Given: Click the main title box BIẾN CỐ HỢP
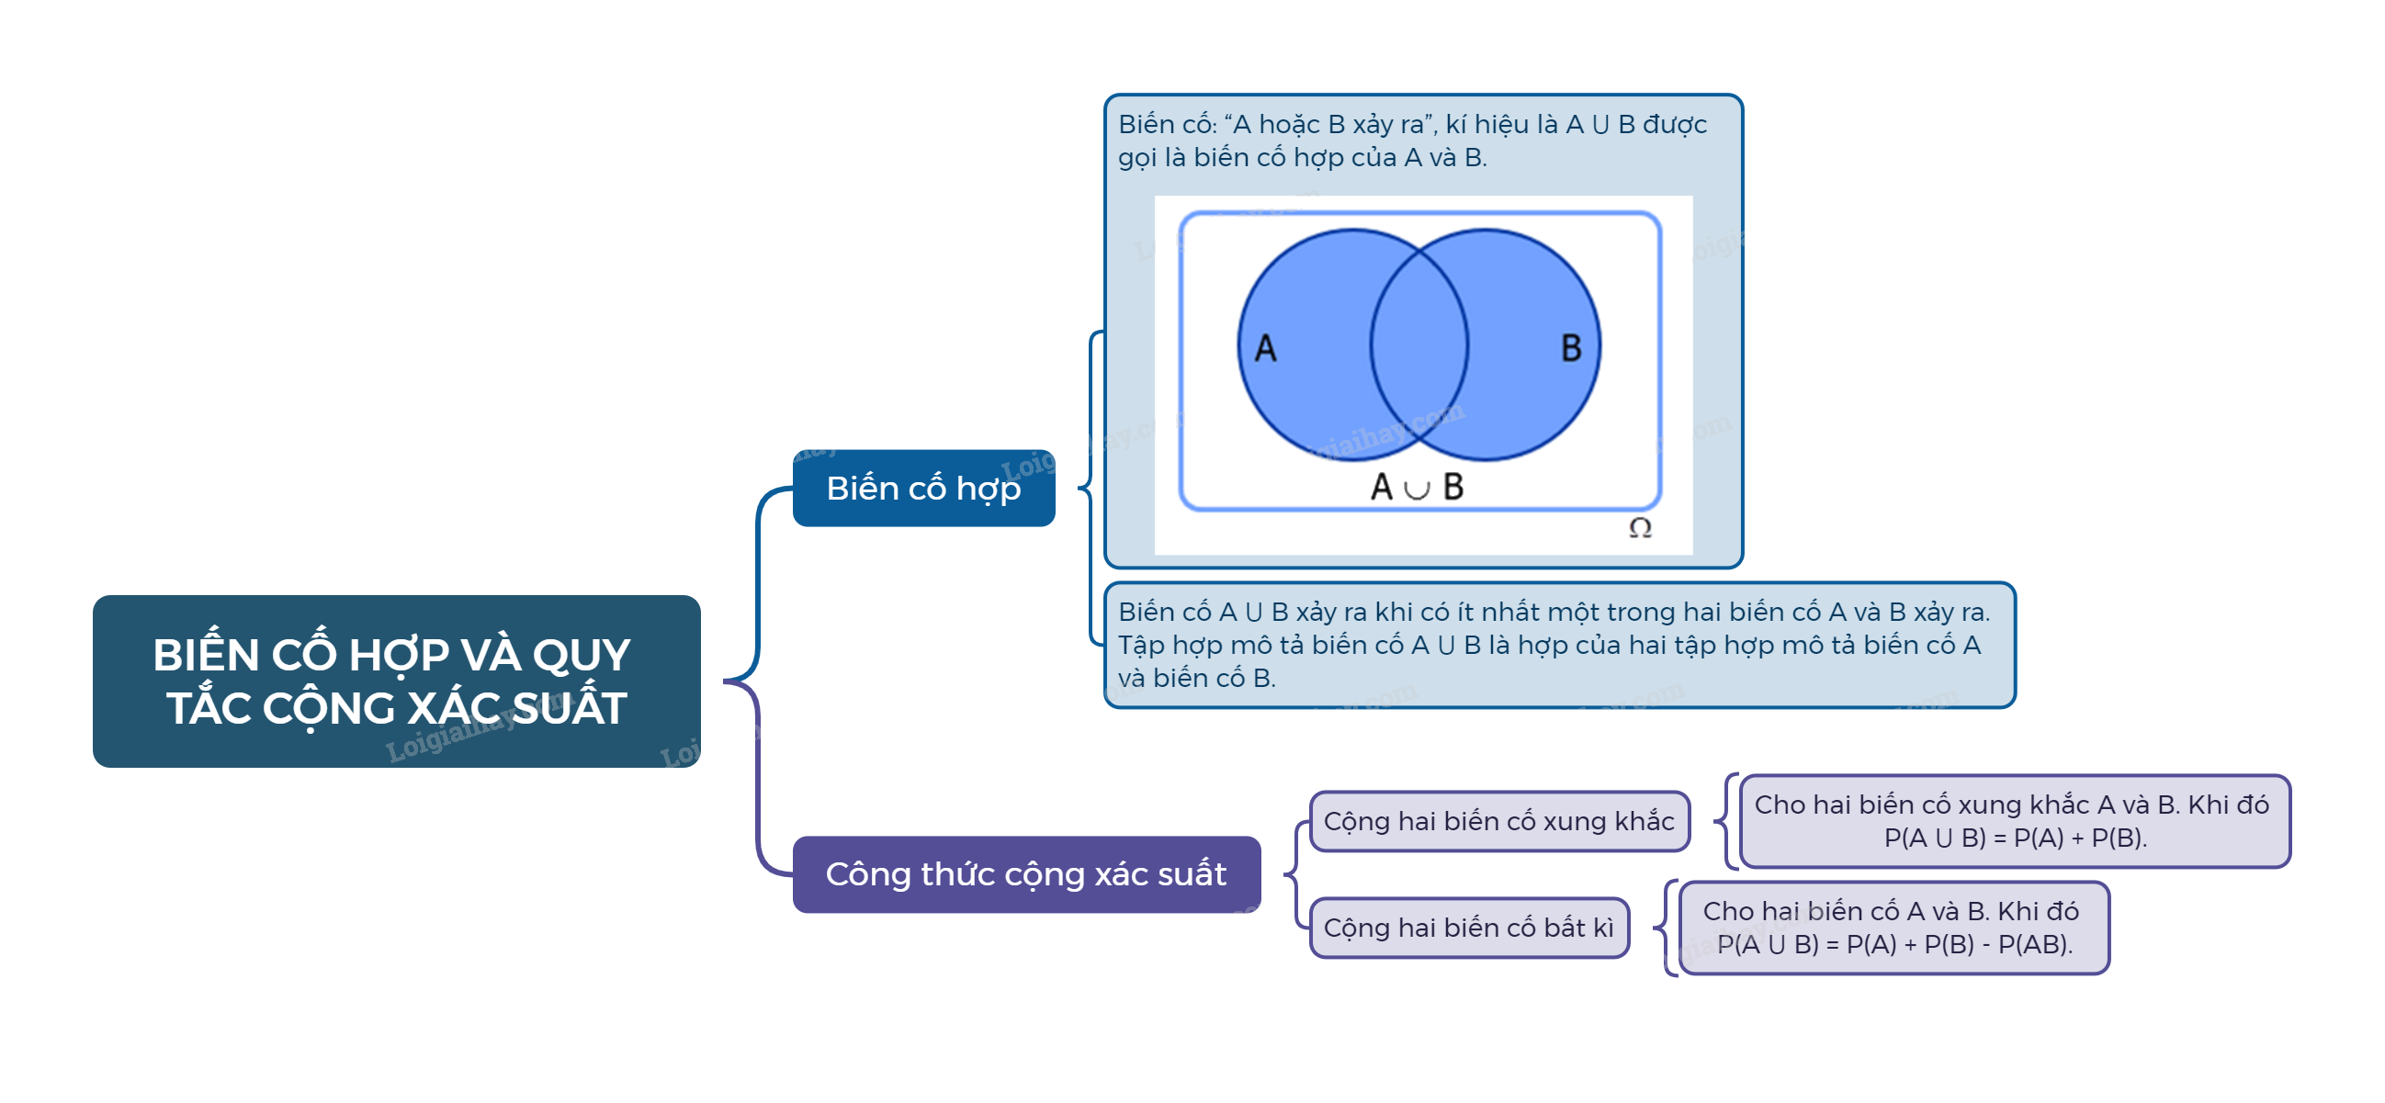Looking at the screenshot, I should pos(396,681).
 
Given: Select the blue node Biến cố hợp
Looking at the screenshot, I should pos(923,488).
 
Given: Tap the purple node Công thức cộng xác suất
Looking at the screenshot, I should pos(1026,873).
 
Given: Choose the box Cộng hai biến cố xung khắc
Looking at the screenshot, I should pos(1499,821).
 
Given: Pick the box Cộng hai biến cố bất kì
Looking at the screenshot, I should pos(1468,928).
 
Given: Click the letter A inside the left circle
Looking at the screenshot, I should pos(1266,349).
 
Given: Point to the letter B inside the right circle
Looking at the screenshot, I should pos(1571,349).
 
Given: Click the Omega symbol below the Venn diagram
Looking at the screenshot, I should pos(1640,527).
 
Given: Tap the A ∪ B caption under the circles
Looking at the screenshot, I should pos(1417,487).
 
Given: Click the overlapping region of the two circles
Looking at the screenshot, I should pos(1419,345).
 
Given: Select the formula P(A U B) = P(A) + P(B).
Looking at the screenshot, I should pos(2015,838).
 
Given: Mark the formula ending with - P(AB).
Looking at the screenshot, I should pos(1894,944).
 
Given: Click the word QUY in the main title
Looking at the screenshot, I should pos(582,655).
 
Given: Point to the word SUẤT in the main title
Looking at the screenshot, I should pos(570,709).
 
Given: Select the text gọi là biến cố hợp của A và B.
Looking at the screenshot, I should pos(1302,157).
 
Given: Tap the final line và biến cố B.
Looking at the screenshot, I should pos(1196,679).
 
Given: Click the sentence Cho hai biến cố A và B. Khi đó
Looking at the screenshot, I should pos(1891,910).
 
